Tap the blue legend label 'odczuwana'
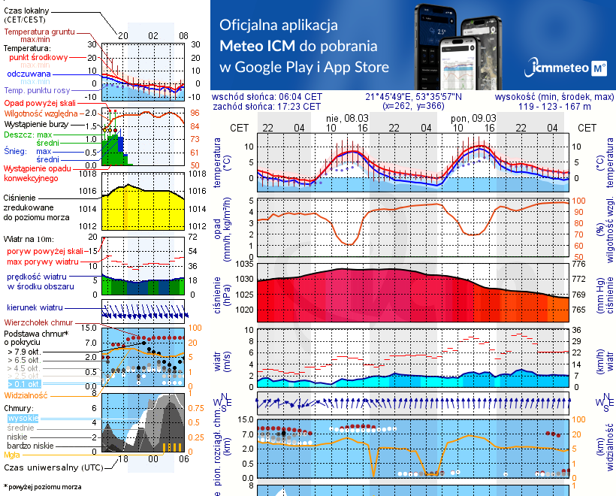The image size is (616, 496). coord(29,74)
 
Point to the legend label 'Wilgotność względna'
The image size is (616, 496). coord(41,113)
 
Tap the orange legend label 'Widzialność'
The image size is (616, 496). coord(26,395)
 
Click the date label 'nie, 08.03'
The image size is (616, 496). coord(346,118)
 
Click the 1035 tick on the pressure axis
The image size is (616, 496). coord(245,264)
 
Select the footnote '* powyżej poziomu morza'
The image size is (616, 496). coord(42,487)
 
